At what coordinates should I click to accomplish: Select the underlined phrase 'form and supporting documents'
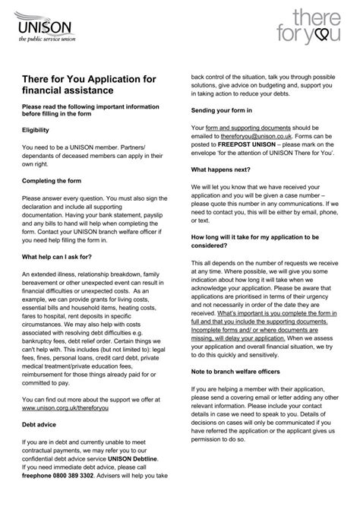(x=243, y=126)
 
